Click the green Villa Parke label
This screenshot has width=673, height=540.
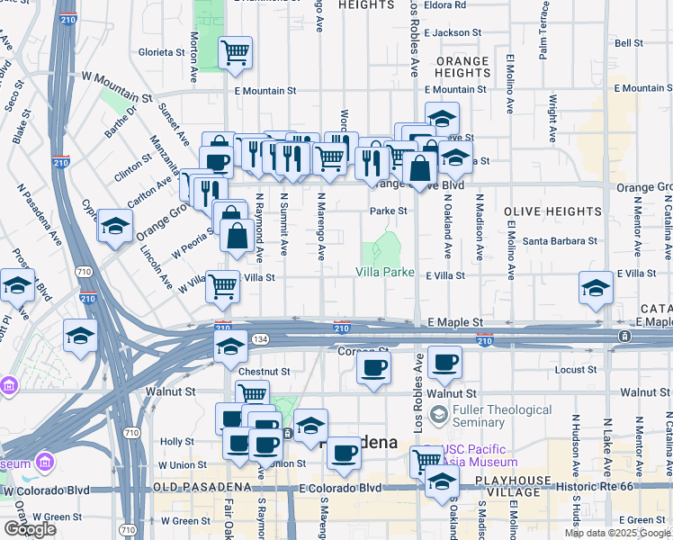(384, 272)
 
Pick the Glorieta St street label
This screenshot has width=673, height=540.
(162, 52)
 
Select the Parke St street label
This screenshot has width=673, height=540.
(390, 211)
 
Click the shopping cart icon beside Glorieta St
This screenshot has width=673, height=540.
(235, 52)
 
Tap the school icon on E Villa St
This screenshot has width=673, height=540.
(596, 289)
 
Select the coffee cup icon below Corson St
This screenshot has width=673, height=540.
(373, 366)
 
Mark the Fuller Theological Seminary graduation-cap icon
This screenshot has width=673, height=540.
(438, 415)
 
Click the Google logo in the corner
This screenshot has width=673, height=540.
(29, 529)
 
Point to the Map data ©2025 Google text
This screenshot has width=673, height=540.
(618, 533)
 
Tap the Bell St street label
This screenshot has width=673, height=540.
(628, 42)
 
